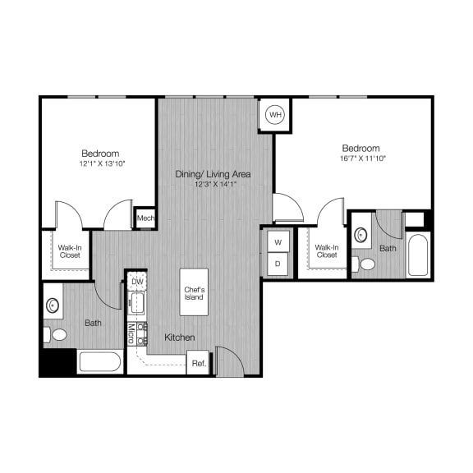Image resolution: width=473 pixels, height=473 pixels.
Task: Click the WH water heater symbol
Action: pos(274,115)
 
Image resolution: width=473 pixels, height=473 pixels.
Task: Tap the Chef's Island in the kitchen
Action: pos(194,291)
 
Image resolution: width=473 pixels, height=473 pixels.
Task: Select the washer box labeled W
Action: pos(278,242)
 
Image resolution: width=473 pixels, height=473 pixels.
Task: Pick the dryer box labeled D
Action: pos(278,264)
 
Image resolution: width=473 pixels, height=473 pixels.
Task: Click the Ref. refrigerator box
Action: pos(198,362)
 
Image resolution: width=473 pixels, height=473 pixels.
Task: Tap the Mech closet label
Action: pos(145,218)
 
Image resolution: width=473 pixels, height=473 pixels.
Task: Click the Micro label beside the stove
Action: pos(131,333)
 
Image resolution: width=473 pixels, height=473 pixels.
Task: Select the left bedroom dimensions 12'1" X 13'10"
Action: pos(100,164)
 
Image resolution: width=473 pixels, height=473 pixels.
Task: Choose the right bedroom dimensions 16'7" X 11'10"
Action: pos(361,158)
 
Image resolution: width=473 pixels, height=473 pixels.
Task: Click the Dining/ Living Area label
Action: pos(213,174)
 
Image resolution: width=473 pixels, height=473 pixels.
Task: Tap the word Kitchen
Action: pos(179,338)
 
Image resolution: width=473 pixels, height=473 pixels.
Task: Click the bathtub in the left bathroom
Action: pos(99,361)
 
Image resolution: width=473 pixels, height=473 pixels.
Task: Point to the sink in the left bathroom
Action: pos(53,305)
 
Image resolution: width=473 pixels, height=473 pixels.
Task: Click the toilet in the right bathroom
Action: pos(366,264)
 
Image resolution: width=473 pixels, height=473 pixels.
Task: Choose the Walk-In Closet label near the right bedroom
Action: pos(326,250)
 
